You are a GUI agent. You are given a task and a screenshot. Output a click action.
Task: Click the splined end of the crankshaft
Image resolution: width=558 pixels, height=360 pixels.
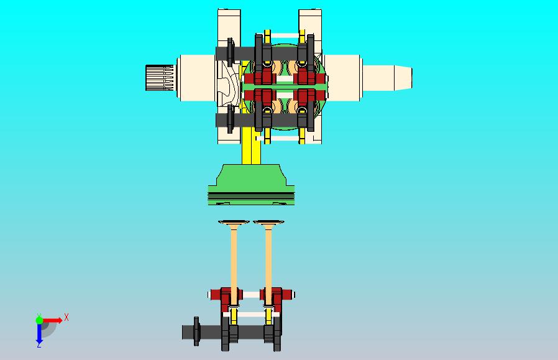coord(160,78)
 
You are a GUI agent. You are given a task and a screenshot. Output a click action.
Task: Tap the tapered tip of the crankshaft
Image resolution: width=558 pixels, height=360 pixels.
coord(403,78)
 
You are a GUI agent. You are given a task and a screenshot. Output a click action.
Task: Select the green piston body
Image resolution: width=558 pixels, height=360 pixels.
coord(251,185)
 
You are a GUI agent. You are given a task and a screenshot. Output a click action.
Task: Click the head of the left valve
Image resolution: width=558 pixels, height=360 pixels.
coord(234,223)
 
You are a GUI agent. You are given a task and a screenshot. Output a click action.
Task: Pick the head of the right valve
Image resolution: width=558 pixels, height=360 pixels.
coord(268,223)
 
